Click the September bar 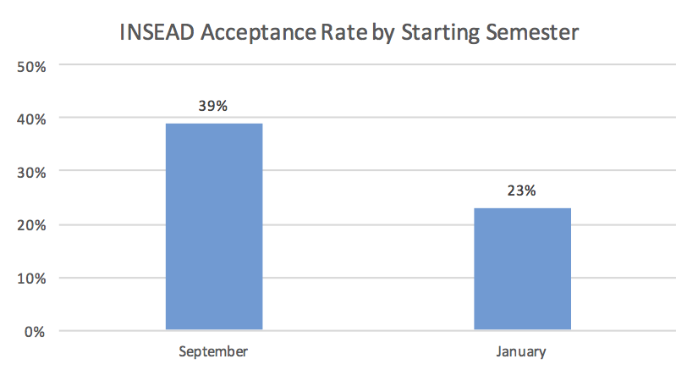[x=213, y=227]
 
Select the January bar [x=522, y=269]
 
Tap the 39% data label [x=213, y=107]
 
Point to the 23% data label [x=522, y=190]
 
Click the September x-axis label [x=213, y=351]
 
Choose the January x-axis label [x=521, y=351]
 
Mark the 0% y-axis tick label [x=35, y=331]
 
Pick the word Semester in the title [x=533, y=33]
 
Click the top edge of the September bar [x=213, y=124]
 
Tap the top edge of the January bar [x=522, y=208]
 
